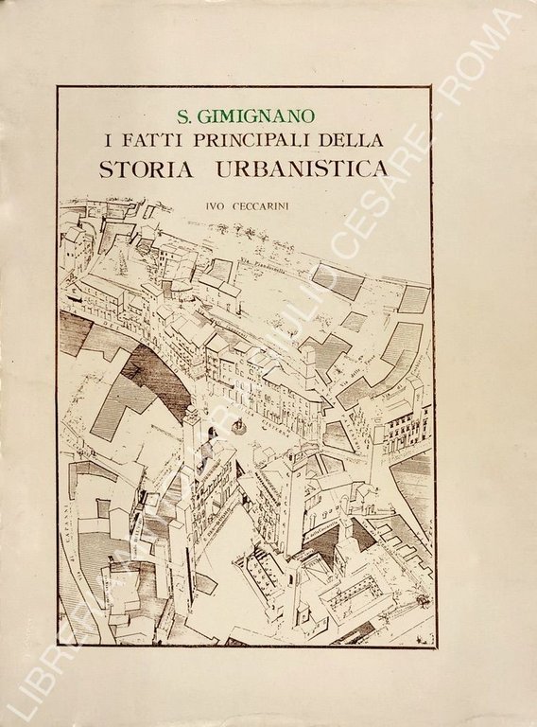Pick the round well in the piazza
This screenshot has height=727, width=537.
(x=239, y=428)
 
